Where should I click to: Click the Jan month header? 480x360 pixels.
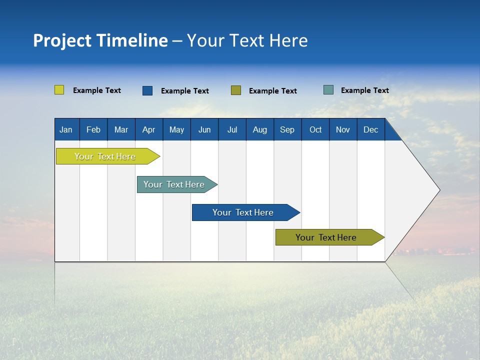(66, 129)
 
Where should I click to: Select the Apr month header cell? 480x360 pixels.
(148, 129)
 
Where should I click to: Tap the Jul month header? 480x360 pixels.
(232, 129)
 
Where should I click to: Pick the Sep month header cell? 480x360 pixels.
(287, 129)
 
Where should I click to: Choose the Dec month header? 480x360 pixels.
(370, 129)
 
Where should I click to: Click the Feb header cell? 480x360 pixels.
(93, 129)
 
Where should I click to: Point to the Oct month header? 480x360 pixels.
(315, 129)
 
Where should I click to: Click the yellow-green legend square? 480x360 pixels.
(59, 90)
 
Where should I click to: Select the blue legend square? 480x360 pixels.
(147, 90)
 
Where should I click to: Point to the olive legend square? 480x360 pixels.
(236, 90)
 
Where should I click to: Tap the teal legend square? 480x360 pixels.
(328, 90)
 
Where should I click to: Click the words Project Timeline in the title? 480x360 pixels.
(100, 40)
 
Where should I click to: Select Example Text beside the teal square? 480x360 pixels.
(364, 90)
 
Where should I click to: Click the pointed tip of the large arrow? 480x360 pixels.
(438, 190)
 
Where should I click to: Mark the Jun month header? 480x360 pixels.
(204, 129)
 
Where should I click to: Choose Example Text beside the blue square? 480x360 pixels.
(185, 91)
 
